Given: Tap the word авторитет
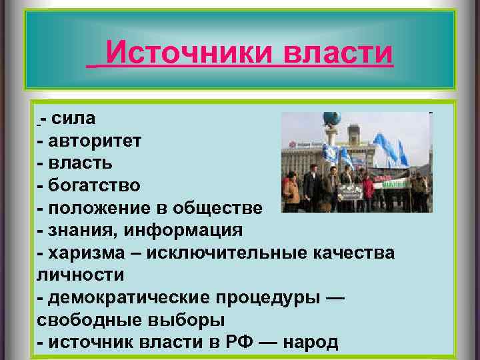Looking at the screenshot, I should coord(93,141).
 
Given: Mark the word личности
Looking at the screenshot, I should coord(81,275).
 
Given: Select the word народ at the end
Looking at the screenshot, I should coord(311,342).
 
